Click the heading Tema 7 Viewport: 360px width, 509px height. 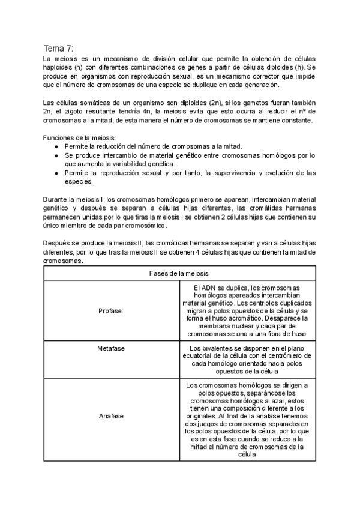pyautogui.click(x=58, y=48)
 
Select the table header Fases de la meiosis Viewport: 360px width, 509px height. pyautogui.click(x=179, y=273)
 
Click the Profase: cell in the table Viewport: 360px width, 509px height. pyautogui.click(x=111, y=311)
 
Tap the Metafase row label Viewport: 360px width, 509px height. pyautogui.click(x=111, y=348)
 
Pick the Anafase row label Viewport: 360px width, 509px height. pyautogui.click(x=111, y=415)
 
